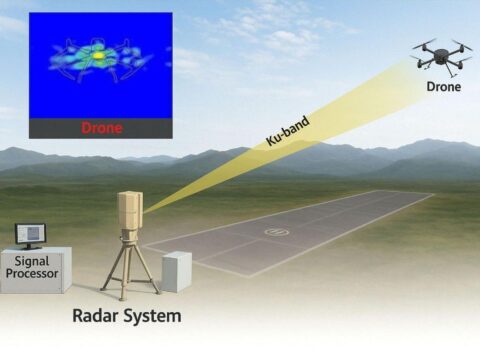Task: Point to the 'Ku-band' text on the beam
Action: (x=288, y=131)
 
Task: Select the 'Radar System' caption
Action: (x=126, y=317)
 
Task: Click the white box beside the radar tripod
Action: (x=176, y=271)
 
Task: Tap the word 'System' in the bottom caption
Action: (x=154, y=317)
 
